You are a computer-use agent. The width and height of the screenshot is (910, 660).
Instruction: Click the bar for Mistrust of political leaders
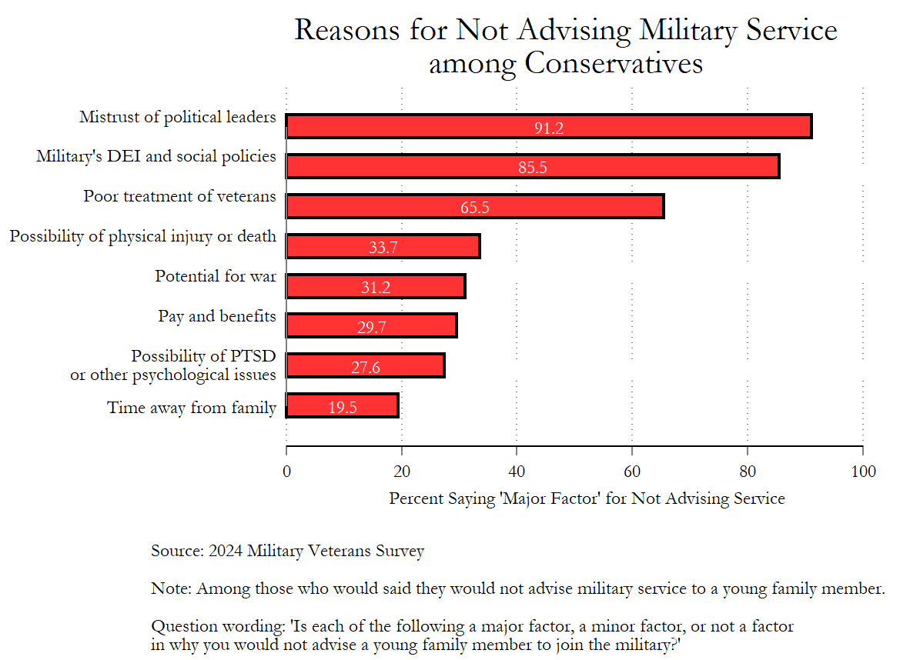click(548, 126)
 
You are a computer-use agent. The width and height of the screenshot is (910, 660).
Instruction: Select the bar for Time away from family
click(343, 405)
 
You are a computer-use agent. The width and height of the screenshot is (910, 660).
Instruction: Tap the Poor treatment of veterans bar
click(474, 206)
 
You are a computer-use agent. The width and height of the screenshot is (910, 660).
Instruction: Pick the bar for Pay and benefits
click(371, 325)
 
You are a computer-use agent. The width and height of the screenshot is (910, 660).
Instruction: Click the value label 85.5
click(533, 168)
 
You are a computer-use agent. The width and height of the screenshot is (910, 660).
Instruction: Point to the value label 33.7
click(383, 248)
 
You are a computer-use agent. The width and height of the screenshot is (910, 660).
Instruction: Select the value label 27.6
click(366, 368)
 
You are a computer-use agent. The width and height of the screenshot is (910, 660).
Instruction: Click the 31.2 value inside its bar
click(376, 288)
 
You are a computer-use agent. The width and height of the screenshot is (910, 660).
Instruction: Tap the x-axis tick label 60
click(632, 472)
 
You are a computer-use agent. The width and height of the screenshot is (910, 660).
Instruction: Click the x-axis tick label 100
click(863, 472)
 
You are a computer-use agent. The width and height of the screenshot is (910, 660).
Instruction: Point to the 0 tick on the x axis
click(286, 472)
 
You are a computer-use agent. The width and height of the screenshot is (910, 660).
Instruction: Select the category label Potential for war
click(216, 275)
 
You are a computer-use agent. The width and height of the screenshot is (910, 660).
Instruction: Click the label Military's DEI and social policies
click(156, 156)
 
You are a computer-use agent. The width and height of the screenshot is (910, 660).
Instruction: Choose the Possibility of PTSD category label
click(203, 356)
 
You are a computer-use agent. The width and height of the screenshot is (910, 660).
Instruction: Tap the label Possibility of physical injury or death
click(143, 236)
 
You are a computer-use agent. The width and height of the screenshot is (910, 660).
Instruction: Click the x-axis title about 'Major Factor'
click(587, 498)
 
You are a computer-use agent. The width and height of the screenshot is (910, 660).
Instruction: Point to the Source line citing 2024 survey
click(287, 551)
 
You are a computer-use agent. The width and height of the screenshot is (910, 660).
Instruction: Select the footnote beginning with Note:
click(517, 589)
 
